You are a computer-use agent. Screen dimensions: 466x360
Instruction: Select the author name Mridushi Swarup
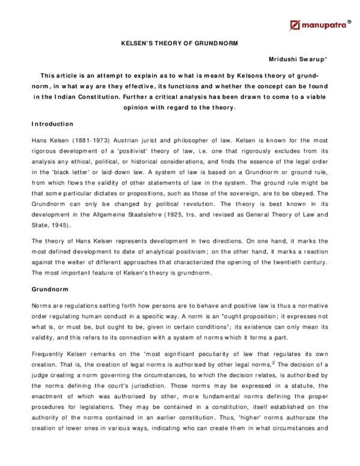click(x=298, y=59)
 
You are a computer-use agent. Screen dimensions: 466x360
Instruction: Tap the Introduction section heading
click(x=52, y=124)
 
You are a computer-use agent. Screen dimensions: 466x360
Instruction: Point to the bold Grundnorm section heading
click(x=50, y=289)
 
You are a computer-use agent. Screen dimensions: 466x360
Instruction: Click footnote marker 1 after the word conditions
click(x=229, y=325)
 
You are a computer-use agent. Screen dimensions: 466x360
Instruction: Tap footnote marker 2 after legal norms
click(x=274, y=362)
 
